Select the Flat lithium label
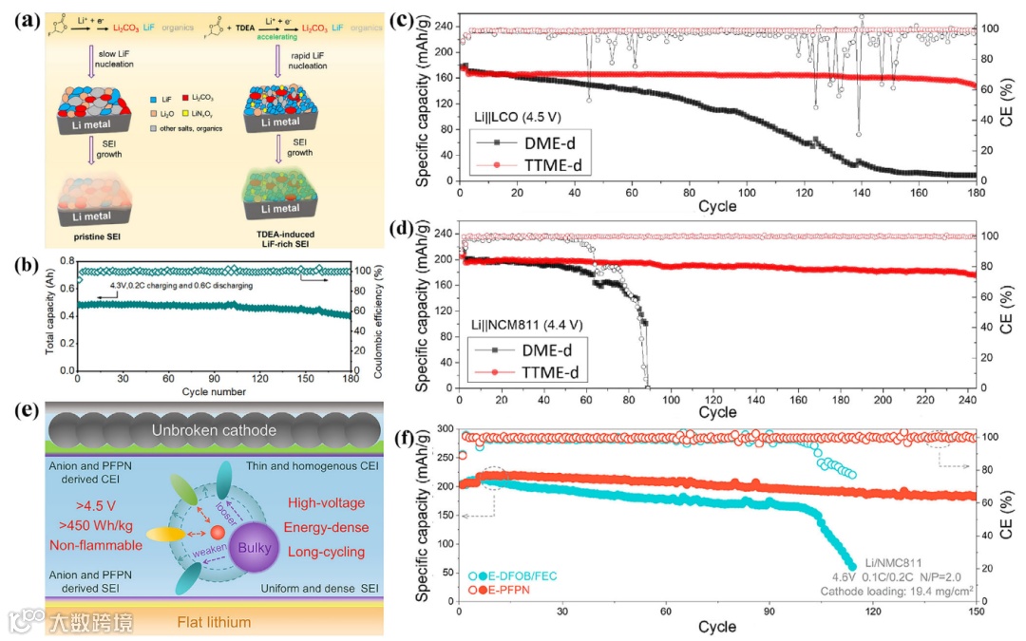tap(214, 622)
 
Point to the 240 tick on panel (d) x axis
tap(966, 400)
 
